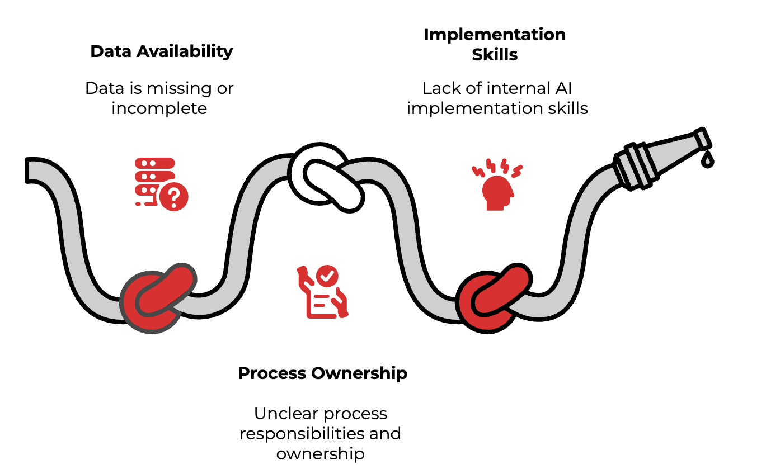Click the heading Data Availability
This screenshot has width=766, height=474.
(161, 51)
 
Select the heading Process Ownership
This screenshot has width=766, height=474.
(322, 373)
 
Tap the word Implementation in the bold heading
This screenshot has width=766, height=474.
(495, 35)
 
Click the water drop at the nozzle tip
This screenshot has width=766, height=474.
(708, 160)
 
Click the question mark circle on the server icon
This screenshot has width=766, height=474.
(173, 196)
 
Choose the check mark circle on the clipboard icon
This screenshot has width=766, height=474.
(326, 276)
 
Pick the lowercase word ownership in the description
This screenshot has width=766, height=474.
(320, 453)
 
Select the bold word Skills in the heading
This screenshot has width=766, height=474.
(495, 54)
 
